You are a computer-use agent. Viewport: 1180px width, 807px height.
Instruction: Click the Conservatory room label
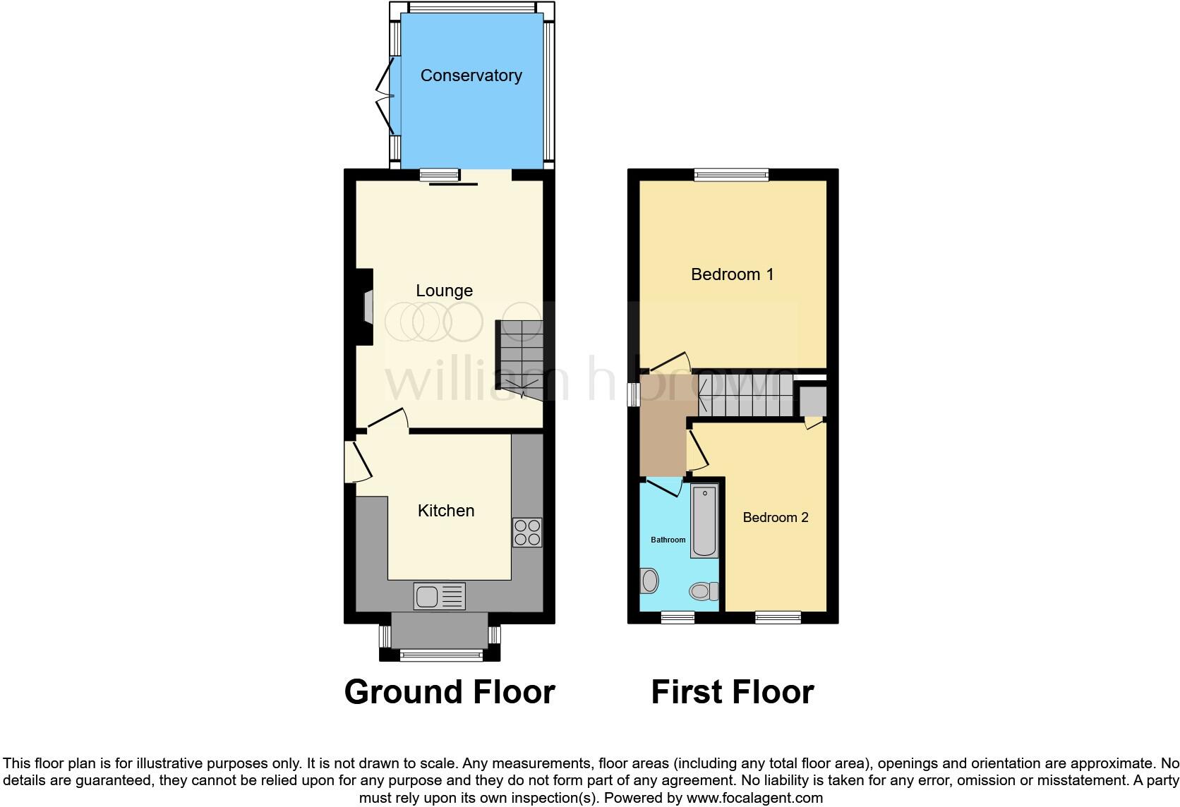point(471,75)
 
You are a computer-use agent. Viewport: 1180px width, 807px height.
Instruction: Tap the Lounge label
point(444,291)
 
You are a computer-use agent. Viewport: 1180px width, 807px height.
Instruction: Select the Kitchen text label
point(446,511)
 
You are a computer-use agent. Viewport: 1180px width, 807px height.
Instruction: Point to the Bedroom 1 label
point(732,274)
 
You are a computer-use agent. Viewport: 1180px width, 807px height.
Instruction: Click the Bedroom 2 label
point(776,518)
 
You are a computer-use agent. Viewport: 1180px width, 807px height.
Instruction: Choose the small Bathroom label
point(668,540)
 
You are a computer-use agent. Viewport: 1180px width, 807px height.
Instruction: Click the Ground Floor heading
point(450,692)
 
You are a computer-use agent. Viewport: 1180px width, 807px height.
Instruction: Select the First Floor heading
point(732,692)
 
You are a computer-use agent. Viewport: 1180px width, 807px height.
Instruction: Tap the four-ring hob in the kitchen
point(527,533)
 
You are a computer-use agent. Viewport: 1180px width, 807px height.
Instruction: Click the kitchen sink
point(440,596)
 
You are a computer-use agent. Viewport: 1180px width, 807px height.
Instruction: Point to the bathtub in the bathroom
point(704,521)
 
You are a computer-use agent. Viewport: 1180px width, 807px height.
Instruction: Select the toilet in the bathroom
point(703,590)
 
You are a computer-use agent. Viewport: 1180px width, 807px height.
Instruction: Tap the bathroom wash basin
point(649,581)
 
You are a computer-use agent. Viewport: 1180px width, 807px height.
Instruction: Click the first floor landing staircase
point(741,396)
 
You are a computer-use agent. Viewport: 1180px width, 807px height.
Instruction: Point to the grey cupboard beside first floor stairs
point(812,401)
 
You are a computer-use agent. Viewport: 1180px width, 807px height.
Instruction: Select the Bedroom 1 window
point(731,175)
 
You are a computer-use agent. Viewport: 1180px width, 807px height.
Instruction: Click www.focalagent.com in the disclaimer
point(754,798)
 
